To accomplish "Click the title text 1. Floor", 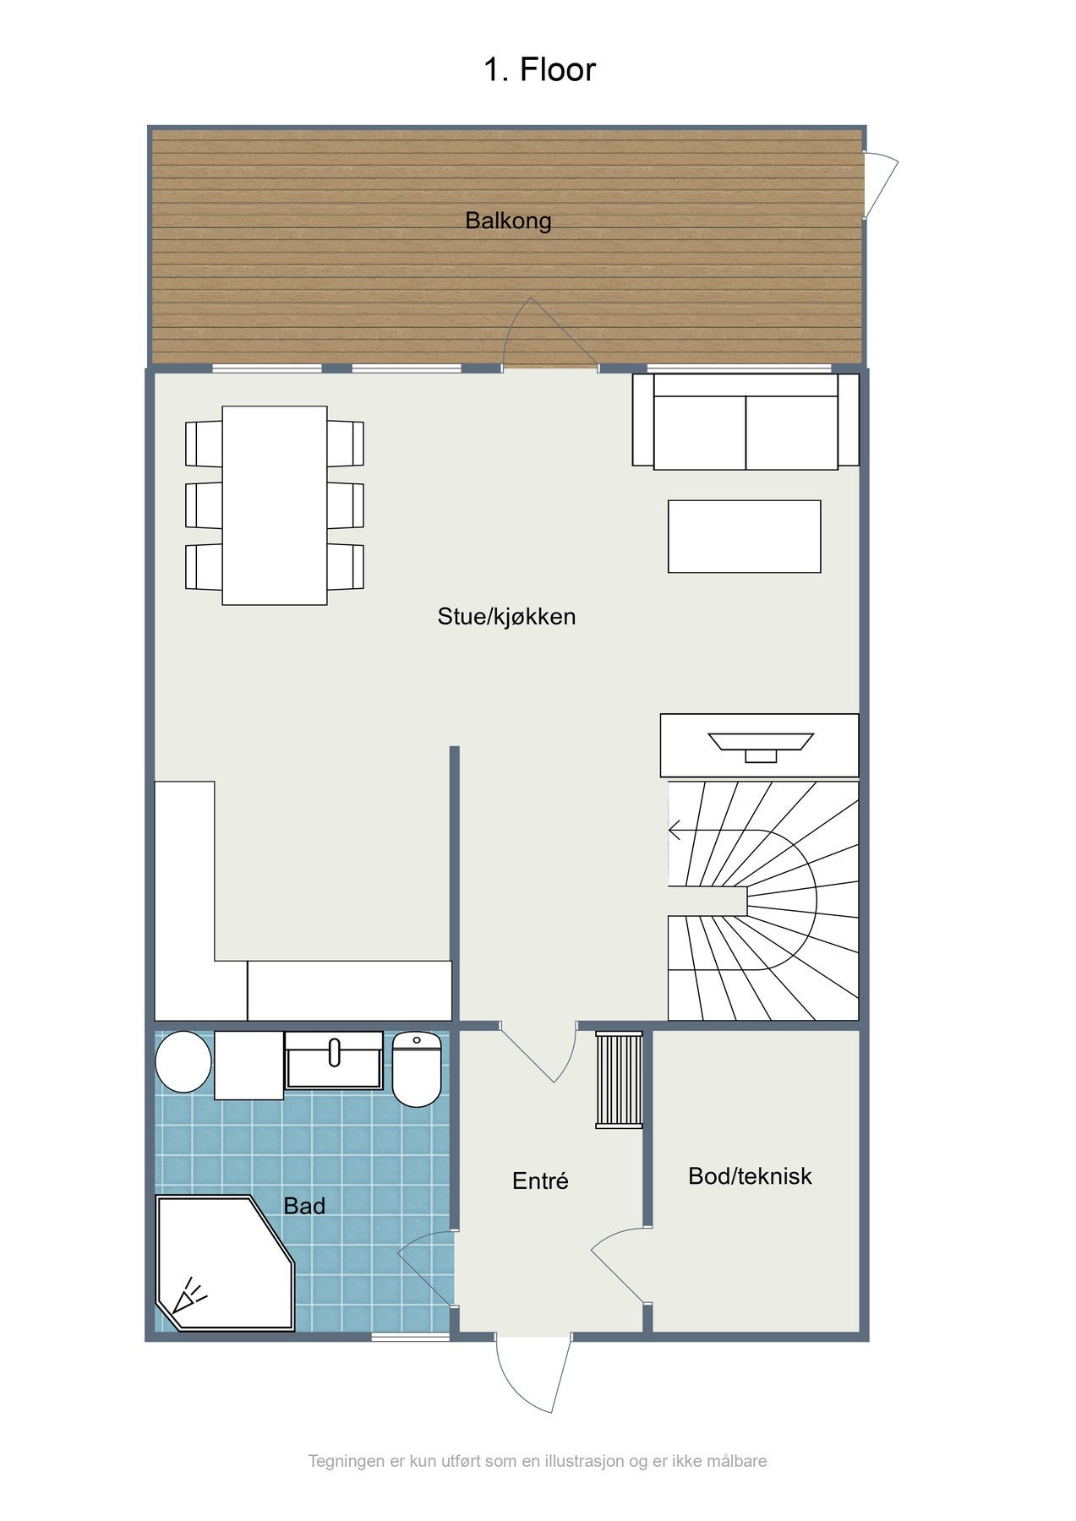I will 539,69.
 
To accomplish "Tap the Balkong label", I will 508,221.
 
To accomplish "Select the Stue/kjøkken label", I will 506,616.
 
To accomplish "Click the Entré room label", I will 540,1180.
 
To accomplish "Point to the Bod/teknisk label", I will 750,1175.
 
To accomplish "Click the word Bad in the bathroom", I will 304,1206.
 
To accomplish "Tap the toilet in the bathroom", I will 417,1069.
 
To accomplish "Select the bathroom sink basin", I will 334,1060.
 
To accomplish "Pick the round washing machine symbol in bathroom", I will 183,1061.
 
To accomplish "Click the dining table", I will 275,505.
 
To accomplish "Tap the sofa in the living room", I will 746,421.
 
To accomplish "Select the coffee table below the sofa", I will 744,537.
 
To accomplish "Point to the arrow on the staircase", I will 675,831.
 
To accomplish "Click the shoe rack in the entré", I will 619,1079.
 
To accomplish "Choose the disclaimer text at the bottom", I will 538,1461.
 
